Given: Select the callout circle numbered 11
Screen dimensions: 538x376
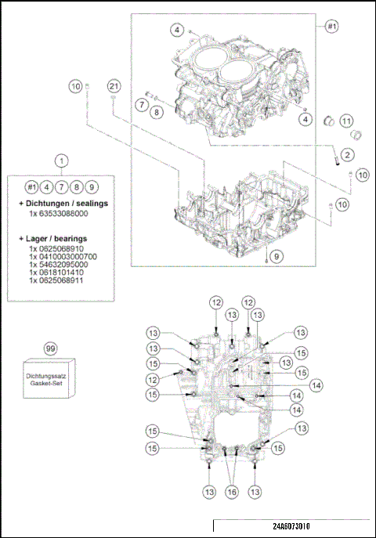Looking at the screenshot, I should [x=345, y=121].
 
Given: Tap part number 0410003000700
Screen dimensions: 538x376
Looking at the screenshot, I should [x=63, y=256].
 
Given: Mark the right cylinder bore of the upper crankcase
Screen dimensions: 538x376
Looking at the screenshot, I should [x=240, y=75].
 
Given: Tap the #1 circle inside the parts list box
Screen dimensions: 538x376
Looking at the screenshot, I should [x=31, y=186].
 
